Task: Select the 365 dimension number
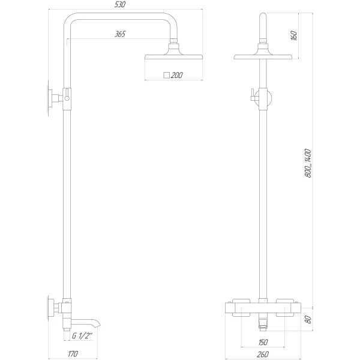pos(120,34)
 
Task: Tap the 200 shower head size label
pos(176,76)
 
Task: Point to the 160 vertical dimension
pos(294,35)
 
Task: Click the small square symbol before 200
pos(166,76)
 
